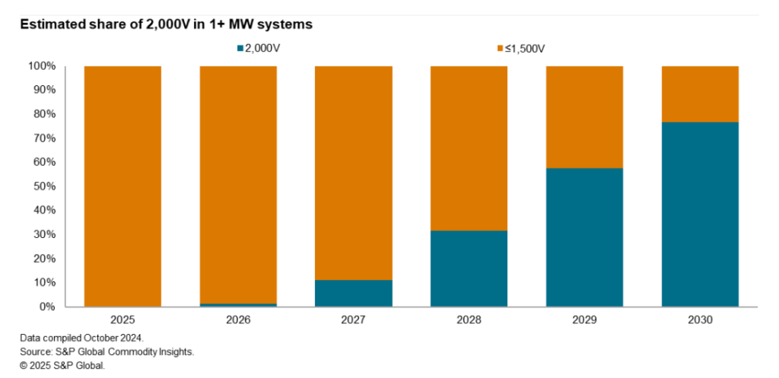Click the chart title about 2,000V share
pyautogui.click(x=166, y=24)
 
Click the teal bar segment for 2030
pyautogui.click(x=700, y=214)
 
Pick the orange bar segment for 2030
pyautogui.click(x=700, y=94)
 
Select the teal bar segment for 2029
pyautogui.click(x=584, y=237)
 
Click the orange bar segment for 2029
pyautogui.click(x=584, y=116)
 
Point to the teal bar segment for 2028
pyautogui.click(x=469, y=268)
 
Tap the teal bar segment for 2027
pyautogui.click(x=354, y=293)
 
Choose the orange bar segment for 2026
pyautogui.click(x=238, y=184)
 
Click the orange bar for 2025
pyautogui.click(x=122, y=186)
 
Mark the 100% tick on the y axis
pyautogui.click(x=43, y=66)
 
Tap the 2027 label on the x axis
pyautogui.click(x=354, y=320)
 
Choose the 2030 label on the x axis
pyautogui.click(x=700, y=320)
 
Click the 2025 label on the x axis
pyautogui.click(x=122, y=320)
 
